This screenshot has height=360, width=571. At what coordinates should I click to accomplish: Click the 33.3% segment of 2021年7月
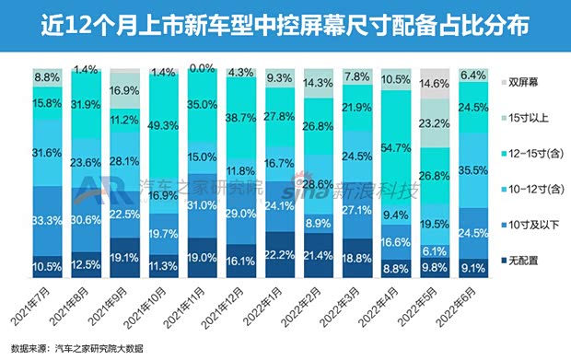pyautogui.click(x=46, y=221)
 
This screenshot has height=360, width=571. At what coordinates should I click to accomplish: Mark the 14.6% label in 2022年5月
pyautogui.click(x=433, y=81)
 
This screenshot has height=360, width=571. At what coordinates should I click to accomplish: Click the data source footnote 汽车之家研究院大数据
pyautogui.click(x=101, y=349)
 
